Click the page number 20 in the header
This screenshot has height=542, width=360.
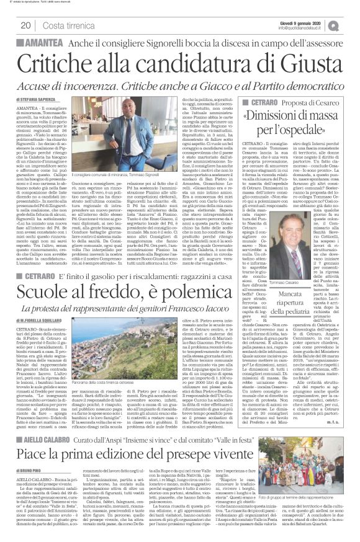[x=25, y=25]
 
